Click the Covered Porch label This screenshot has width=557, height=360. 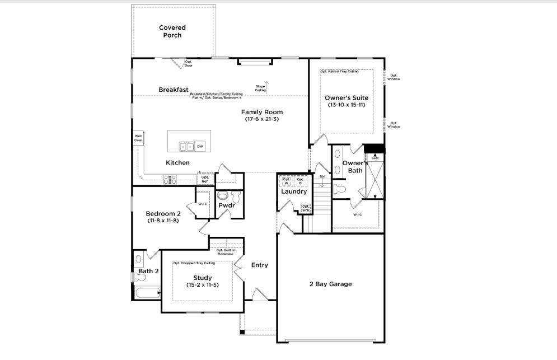(x=172, y=31)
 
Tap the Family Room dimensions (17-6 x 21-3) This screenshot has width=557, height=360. (x=262, y=119)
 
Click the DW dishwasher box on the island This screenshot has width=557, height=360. (x=200, y=146)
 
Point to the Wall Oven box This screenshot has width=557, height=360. (x=138, y=138)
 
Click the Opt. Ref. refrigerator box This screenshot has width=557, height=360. (x=205, y=179)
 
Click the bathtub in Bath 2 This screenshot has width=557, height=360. (x=147, y=293)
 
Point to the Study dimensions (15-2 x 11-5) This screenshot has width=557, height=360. (x=202, y=285)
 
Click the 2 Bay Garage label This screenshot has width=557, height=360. (x=330, y=284)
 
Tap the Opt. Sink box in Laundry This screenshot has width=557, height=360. (x=306, y=208)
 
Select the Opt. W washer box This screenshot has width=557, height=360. (x=286, y=181)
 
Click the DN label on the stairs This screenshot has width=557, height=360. (x=322, y=177)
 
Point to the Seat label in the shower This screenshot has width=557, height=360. (x=375, y=158)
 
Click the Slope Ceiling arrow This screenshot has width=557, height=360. (x=267, y=86)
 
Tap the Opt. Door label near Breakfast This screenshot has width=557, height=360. (x=189, y=63)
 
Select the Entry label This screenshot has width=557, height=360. (x=259, y=265)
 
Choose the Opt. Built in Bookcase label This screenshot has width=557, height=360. (x=225, y=252)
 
